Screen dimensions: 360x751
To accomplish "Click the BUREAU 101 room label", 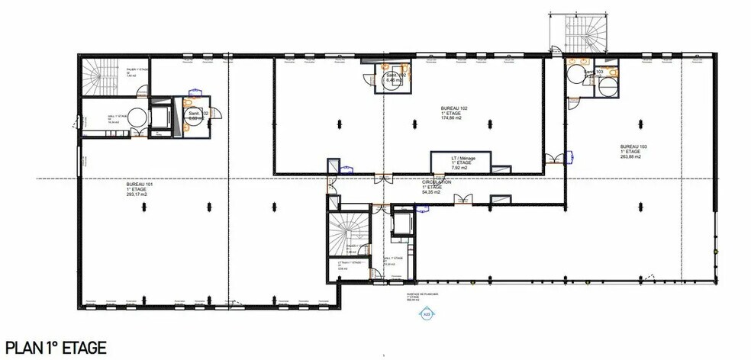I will [x=140, y=185].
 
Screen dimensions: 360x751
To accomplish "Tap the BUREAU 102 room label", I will [x=454, y=108].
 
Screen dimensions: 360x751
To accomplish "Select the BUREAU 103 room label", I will [x=633, y=146].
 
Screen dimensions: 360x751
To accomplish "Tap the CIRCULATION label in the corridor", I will [x=437, y=183].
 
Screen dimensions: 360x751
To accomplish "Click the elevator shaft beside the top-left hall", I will [x=160, y=117].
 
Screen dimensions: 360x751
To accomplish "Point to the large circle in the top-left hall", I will [x=135, y=117].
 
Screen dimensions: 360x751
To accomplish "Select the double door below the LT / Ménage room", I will [x=463, y=200].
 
